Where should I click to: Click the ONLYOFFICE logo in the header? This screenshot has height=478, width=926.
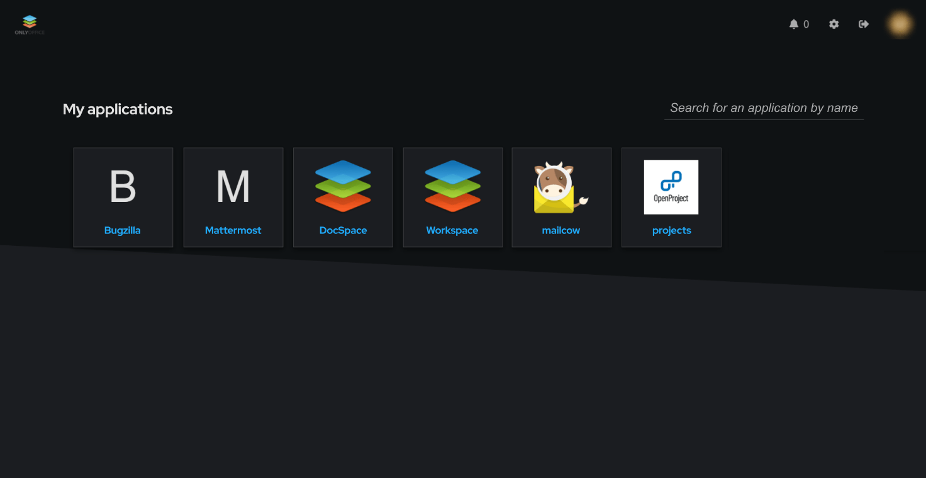[30, 25]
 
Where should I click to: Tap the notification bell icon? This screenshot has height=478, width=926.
[793, 24]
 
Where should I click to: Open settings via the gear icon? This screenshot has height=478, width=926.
[834, 24]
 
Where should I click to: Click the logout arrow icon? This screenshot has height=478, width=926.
[864, 24]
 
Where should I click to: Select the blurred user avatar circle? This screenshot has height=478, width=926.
[900, 24]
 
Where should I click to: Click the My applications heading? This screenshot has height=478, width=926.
[118, 109]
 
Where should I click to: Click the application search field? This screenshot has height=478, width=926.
[764, 108]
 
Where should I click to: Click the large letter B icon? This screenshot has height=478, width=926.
[123, 187]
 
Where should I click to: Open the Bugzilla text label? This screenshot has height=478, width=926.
[123, 230]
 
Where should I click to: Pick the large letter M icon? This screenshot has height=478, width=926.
[233, 187]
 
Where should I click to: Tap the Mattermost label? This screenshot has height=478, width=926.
[233, 230]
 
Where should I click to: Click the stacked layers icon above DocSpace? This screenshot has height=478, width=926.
[343, 186]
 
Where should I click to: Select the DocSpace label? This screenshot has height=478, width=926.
[343, 230]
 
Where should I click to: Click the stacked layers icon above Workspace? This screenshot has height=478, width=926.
[453, 186]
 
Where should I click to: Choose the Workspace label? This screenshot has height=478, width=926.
[452, 230]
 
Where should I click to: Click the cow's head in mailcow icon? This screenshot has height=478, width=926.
[554, 181]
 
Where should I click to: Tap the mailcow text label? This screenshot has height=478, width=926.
[561, 230]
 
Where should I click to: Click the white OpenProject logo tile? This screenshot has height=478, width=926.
[671, 187]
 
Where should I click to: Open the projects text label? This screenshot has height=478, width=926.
[671, 230]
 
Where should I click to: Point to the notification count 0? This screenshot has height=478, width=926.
[806, 25]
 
